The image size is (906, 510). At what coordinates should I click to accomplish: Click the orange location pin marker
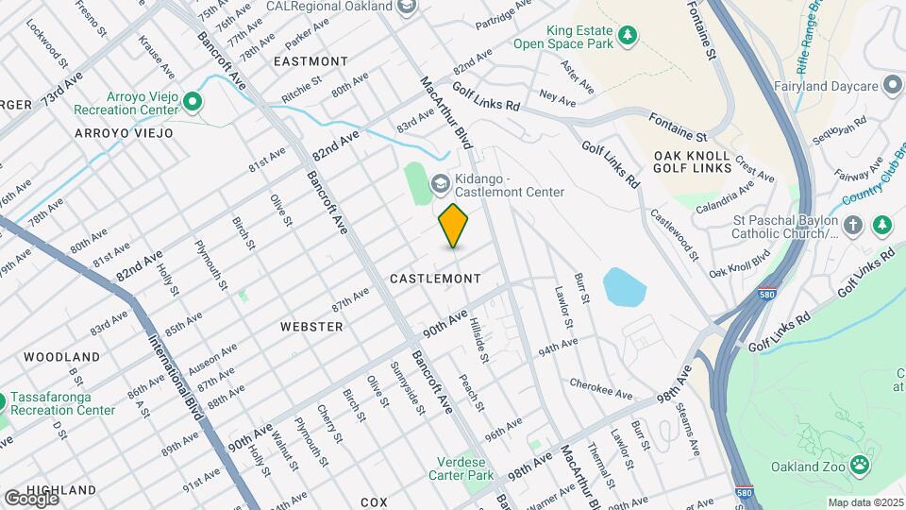[x=454, y=226]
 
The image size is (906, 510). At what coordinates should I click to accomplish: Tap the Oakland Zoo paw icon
[x=859, y=464]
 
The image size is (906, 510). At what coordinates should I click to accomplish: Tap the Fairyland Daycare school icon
[x=892, y=86]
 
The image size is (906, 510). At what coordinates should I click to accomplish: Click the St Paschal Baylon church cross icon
[x=853, y=225]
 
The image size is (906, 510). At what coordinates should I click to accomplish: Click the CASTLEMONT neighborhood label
[x=435, y=279]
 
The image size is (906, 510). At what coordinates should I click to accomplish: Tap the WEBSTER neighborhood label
[x=311, y=326]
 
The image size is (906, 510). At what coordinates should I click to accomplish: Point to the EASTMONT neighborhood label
[x=310, y=61]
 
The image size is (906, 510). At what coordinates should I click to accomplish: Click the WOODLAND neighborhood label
[x=61, y=357]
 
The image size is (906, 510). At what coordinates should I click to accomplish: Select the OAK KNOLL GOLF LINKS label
[x=692, y=161]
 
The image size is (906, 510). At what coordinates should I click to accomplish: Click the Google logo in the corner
[x=31, y=498]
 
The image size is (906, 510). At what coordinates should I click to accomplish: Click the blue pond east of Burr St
[x=622, y=287]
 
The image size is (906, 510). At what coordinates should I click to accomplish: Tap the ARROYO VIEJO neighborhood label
[x=124, y=133]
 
